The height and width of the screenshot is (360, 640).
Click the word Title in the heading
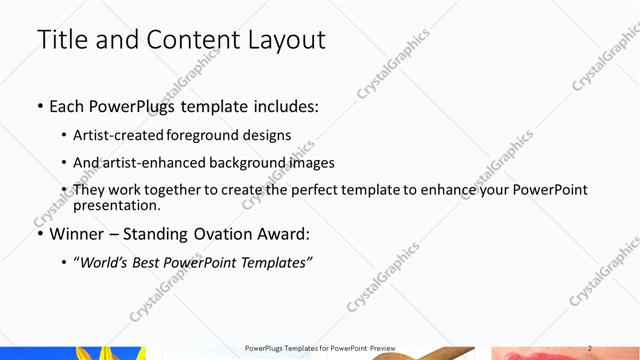pyautogui.click(x=63, y=40)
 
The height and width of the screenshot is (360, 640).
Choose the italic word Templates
pyautogui.click(x=280, y=262)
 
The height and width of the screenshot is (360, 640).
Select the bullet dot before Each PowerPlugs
pyautogui.click(x=39, y=105)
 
